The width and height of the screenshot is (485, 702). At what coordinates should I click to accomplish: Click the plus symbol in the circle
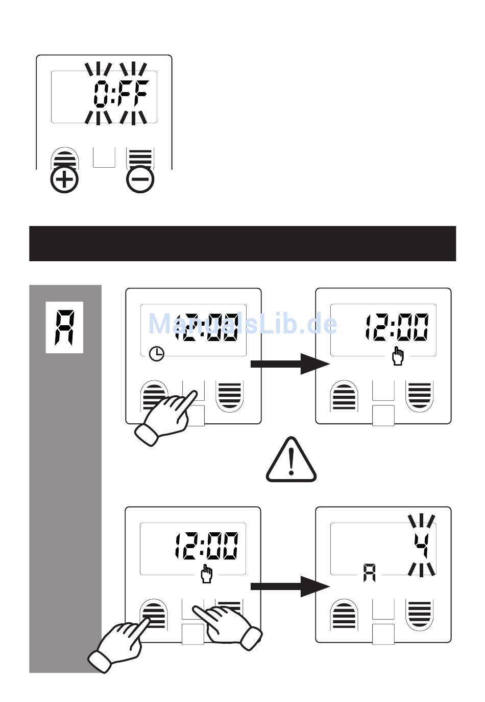coord(65,179)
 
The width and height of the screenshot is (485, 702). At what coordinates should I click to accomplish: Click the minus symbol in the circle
coord(140,179)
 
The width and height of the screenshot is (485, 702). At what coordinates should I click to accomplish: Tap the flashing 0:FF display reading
coord(120,95)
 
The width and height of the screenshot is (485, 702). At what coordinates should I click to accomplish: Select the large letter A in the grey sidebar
coord(65,327)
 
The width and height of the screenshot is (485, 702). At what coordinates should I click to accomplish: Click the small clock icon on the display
coord(157,353)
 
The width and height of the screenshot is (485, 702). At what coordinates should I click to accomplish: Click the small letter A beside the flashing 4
coord(369,573)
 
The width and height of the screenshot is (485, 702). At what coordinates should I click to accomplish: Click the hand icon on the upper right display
coord(397,356)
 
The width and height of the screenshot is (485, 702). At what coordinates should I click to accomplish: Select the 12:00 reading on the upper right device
coord(397,328)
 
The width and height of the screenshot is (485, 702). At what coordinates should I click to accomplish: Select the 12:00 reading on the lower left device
coord(206,546)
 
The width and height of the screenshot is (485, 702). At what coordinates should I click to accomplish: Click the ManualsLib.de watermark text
coord(243,324)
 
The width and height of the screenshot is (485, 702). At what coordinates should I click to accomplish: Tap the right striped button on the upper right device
coord(419,395)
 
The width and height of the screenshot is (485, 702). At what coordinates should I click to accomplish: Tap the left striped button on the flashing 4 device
coord(345,615)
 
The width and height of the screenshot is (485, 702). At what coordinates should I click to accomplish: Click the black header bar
coord(243,243)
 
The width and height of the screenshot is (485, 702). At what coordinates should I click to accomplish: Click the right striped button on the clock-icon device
coord(229,395)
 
